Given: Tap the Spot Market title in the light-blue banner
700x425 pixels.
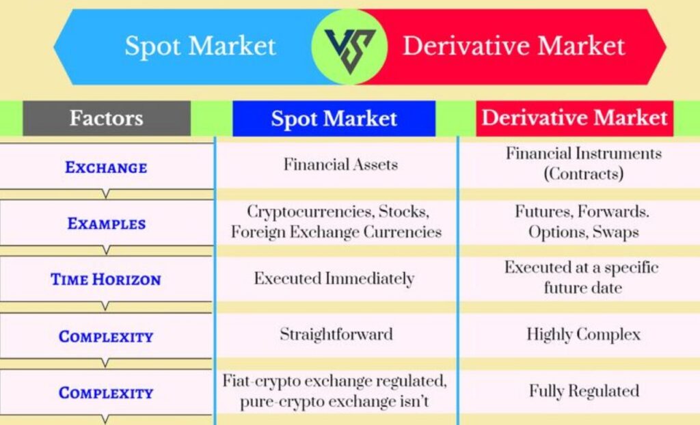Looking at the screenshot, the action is tap(200, 46).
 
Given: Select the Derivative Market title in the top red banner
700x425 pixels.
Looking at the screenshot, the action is tap(514, 46).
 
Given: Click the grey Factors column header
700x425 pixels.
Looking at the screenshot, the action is tap(107, 118).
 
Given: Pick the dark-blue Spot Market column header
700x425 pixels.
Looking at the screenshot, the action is tap(334, 119).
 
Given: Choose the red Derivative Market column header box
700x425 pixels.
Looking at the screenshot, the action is tap(574, 118).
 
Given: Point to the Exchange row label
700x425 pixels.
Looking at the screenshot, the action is tap(106, 167).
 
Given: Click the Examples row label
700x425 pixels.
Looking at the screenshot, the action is tap(107, 223).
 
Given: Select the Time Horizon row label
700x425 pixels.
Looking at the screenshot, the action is tap(106, 279).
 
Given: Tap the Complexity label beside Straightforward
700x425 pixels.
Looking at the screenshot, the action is tap(106, 337).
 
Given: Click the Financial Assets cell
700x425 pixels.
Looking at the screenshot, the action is tap(340, 164).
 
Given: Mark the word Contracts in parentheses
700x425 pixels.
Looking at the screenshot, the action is tap(584, 174).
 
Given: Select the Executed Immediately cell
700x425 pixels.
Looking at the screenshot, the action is tap(334, 279).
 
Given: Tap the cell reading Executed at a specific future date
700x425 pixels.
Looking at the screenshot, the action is tap(582, 277).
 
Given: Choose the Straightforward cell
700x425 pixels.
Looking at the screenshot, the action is tap(336, 334).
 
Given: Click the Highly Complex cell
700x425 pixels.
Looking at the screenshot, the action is tap(584, 334).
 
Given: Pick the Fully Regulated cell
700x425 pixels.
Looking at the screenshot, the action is tap(584, 391).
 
